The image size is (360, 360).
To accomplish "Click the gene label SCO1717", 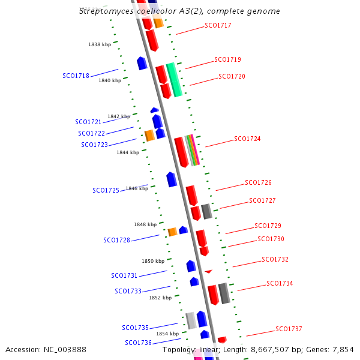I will pos(218,26).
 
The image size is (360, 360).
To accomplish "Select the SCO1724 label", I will pos(247,139).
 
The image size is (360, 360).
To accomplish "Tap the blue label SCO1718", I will pos(76,76).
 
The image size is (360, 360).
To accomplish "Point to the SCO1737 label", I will pos(289,329).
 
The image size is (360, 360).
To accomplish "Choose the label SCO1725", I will pos(106,190).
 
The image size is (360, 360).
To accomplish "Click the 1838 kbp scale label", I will pos(100,44).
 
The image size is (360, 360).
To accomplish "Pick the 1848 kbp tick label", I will pos(145,224).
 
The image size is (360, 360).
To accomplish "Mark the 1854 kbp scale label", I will pos(167,334).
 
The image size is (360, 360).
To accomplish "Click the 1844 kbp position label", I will pos(128,152).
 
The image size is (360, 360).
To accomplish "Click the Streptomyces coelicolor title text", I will pos(179,11).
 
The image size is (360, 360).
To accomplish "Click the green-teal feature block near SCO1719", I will pos(174,79).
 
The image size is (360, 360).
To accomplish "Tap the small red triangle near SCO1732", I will pos(208,272).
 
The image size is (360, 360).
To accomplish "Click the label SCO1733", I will pos(128,292).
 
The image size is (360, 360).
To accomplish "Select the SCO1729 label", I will pos(268,226).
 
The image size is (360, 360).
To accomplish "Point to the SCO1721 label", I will pos(88,122).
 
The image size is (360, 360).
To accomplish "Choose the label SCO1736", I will pos(138,343).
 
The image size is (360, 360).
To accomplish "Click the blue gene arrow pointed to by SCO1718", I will pos(142,63).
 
